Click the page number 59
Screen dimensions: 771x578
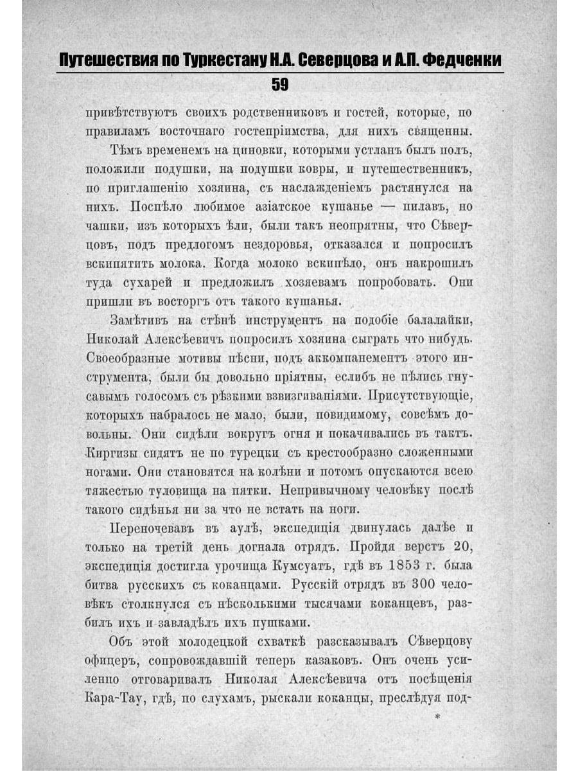click(x=280, y=85)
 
